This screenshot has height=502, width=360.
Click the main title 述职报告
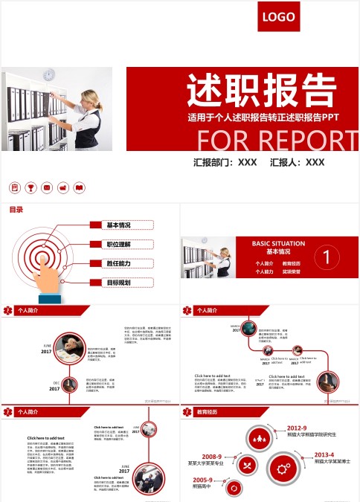[260, 91]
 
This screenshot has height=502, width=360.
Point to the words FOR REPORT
[277, 141]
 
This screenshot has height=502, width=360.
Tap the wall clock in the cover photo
[49, 74]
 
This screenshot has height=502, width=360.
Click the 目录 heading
[16, 210]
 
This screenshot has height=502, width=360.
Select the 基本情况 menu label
[118, 225]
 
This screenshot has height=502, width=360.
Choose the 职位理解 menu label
[118, 244]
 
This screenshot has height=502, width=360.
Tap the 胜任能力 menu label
[118, 263]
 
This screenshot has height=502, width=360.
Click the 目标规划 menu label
[118, 283]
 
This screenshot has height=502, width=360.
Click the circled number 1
[327, 258]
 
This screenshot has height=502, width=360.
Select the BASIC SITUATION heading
[272, 243]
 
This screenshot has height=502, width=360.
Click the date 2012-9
[297, 428]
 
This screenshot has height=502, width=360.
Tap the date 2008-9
[212, 457]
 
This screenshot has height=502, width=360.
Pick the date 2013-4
[324, 454]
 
